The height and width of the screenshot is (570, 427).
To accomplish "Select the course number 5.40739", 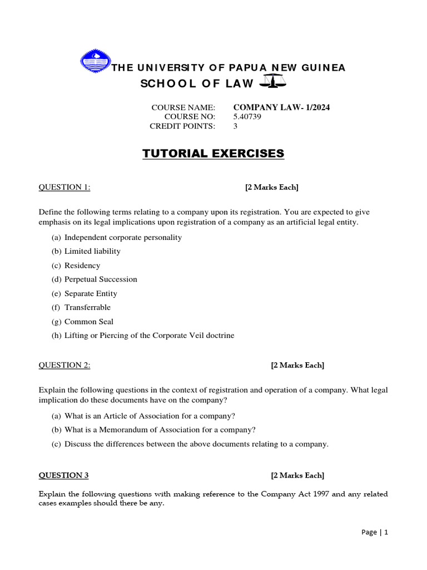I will coord(247,117).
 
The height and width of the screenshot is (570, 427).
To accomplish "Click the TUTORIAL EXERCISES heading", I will coord(213,153).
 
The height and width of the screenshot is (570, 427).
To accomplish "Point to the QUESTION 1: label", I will coord(64,187).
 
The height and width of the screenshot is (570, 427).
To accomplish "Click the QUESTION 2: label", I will coord(64,365).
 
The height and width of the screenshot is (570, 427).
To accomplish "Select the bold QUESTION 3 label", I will coord(63,475).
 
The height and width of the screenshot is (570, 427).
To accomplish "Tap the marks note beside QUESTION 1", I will coord(272,187).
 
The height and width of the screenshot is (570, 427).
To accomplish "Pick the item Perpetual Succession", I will coord(101,279).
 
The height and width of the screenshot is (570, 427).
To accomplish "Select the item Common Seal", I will coord(89,322).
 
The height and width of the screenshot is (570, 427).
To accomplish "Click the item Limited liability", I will coord(92,251).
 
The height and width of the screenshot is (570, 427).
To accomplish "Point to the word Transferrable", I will coord(87,307).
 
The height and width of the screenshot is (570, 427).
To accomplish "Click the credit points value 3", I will coord(235,126).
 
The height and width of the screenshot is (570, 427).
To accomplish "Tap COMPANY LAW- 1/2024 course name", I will coord(281,107).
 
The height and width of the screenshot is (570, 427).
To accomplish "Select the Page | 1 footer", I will coord(374,532).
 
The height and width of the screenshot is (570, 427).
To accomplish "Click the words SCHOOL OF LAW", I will coord(197,83).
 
